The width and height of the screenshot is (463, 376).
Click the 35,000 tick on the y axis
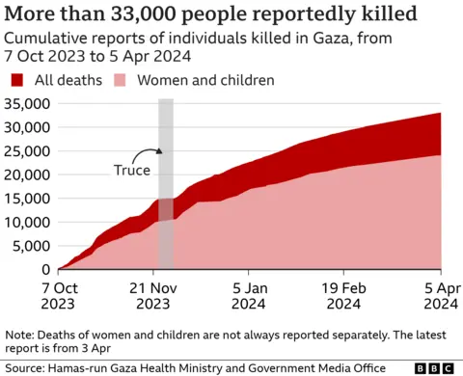[28, 103]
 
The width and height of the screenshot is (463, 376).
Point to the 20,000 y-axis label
[28, 175]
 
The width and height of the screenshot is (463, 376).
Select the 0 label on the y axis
[46, 269]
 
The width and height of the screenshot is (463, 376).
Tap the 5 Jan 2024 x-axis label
[251, 294]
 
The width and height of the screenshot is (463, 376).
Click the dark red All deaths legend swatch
[17, 79]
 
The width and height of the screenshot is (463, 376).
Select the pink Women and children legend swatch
[122, 79]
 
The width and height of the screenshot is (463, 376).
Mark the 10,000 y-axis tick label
[28, 222]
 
